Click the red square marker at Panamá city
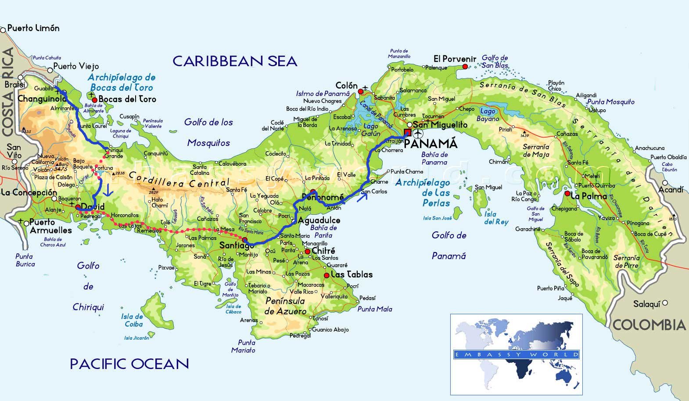tap(408, 133)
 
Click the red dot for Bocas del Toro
tap(94, 100)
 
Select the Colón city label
tap(346, 85)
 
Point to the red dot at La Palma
tap(567, 193)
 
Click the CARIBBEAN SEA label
tap(235, 61)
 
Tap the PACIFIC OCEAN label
tap(129, 364)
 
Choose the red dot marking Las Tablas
tap(327, 275)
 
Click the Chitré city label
tap(323, 251)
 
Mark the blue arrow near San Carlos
tap(362, 198)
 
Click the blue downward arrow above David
tap(107, 191)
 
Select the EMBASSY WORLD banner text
tap(516, 354)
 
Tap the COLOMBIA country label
tap(649, 325)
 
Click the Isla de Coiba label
tap(132, 320)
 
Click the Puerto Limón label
tap(33, 28)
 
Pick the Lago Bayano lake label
tap(488, 115)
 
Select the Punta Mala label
tap(374, 309)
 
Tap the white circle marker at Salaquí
tap(665, 303)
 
